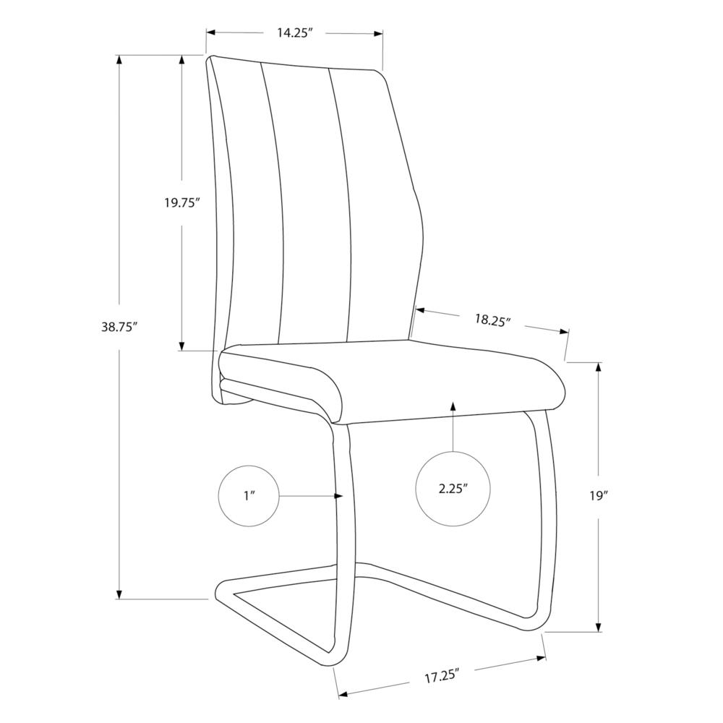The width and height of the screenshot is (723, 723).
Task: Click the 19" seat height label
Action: point(599,496)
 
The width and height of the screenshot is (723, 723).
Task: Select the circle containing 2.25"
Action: point(453,487)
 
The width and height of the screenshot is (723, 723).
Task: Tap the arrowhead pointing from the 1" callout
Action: point(339,496)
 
